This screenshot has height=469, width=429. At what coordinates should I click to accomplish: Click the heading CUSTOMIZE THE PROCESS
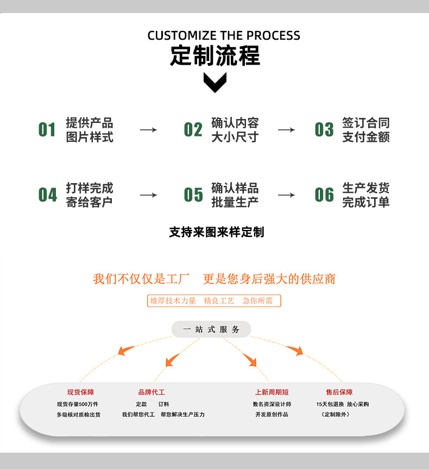click(x=224, y=36)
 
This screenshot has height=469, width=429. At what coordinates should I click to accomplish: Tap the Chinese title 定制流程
click(x=215, y=56)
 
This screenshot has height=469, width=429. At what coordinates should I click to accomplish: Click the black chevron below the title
click(x=215, y=82)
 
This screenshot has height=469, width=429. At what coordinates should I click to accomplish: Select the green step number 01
click(x=47, y=130)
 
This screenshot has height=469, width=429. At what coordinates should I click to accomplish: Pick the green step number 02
click(x=193, y=130)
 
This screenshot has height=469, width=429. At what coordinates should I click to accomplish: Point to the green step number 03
click(x=324, y=130)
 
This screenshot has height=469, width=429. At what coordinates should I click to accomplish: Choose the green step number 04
click(x=47, y=195)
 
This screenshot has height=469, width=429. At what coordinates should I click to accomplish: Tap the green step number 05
click(x=193, y=195)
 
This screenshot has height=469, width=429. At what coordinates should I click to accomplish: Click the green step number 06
click(x=324, y=195)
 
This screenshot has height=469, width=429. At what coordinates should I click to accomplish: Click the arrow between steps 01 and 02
click(x=148, y=130)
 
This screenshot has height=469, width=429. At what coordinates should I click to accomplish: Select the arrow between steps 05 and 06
click(x=286, y=195)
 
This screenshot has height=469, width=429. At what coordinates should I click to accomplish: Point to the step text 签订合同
click(x=365, y=123)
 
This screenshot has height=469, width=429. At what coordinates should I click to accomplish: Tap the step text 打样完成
click(x=90, y=188)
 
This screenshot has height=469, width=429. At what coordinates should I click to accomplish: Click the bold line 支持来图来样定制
click(x=216, y=232)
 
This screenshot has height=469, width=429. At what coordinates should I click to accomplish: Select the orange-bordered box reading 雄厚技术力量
click(x=214, y=301)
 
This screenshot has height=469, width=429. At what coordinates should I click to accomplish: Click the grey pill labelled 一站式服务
click(x=211, y=329)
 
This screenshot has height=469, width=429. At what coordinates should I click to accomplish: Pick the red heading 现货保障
click(x=80, y=392)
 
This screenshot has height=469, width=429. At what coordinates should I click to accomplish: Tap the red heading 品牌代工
click(x=152, y=392)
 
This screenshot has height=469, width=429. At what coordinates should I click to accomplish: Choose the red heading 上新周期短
click(x=272, y=392)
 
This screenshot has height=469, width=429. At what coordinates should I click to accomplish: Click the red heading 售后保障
click(x=339, y=392)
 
